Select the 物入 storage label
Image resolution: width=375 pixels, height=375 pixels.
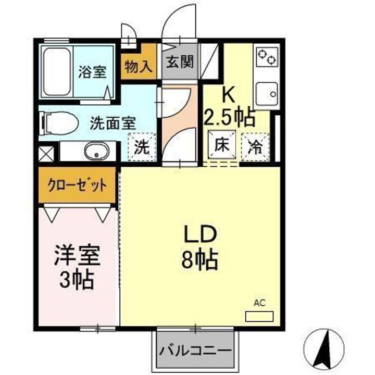[x=139, y=67]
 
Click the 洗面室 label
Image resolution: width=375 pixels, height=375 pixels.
[x=113, y=123]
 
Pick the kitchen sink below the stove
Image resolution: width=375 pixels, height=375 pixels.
[x=267, y=94]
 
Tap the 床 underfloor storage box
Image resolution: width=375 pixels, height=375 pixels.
[x=220, y=145]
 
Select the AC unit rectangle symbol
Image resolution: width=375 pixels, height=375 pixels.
[x=259, y=316]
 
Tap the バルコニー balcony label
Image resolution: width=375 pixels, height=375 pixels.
[x=195, y=349]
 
